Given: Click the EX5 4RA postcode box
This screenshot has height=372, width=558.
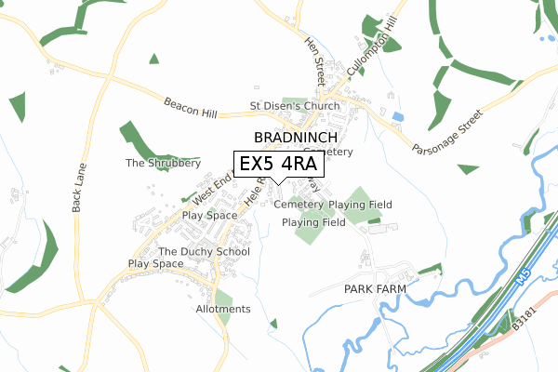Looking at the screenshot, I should tap(278, 164).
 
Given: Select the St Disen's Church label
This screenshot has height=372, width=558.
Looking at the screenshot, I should tap(295, 106).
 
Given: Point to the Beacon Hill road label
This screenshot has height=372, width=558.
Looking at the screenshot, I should tap(191, 108).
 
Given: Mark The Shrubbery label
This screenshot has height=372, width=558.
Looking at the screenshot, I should tap(163, 163).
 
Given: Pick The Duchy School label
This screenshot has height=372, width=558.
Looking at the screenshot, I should tap(204, 252).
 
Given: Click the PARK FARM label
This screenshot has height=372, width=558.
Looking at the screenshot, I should tap(377, 290).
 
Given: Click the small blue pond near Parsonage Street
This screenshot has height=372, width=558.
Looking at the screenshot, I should tap(398, 116).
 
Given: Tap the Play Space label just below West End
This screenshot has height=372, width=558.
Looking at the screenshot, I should tap(210, 215).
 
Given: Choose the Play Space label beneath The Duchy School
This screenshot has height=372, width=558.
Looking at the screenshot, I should tap(155, 264).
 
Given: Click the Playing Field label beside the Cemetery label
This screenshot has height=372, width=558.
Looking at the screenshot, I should tap(361, 205).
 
